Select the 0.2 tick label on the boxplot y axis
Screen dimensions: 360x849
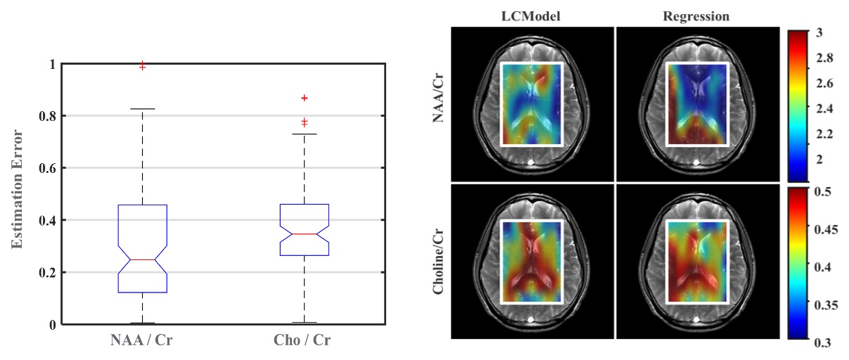tap(47, 273)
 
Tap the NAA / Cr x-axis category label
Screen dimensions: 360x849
tap(141, 341)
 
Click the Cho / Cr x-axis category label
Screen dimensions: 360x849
tap(303, 341)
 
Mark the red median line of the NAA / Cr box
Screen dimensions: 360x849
tap(143, 259)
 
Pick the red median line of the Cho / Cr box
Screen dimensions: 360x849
tap(304, 233)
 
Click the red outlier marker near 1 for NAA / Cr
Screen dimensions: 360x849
tap(143, 65)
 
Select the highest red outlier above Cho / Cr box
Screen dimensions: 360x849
tap(304, 98)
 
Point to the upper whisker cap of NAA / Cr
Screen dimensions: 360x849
tap(143, 109)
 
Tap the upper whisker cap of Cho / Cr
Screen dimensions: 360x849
tap(304, 134)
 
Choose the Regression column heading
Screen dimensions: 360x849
tap(696, 15)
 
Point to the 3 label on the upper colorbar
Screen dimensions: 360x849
tap(820, 32)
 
